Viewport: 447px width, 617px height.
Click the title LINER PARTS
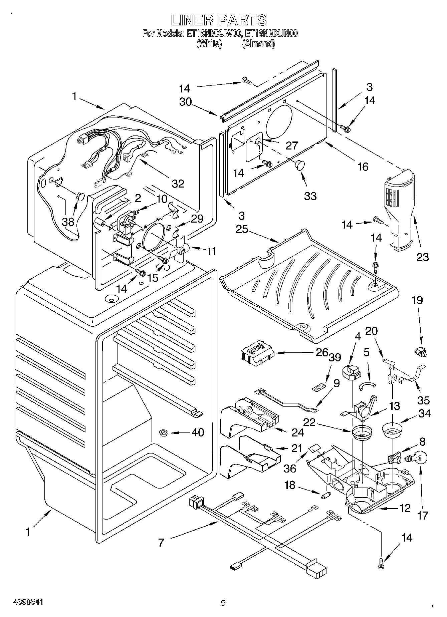click(x=219, y=20)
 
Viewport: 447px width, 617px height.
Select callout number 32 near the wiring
click(x=178, y=184)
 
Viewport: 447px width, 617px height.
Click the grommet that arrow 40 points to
click(x=164, y=433)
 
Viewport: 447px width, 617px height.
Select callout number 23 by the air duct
click(x=422, y=257)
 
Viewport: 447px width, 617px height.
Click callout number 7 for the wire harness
click(x=161, y=543)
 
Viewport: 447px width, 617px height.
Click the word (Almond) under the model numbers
click(x=258, y=44)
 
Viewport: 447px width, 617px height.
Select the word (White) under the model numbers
click(x=209, y=44)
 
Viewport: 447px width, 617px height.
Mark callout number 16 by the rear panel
click(x=363, y=167)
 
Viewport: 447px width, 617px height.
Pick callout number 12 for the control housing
click(x=405, y=508)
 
